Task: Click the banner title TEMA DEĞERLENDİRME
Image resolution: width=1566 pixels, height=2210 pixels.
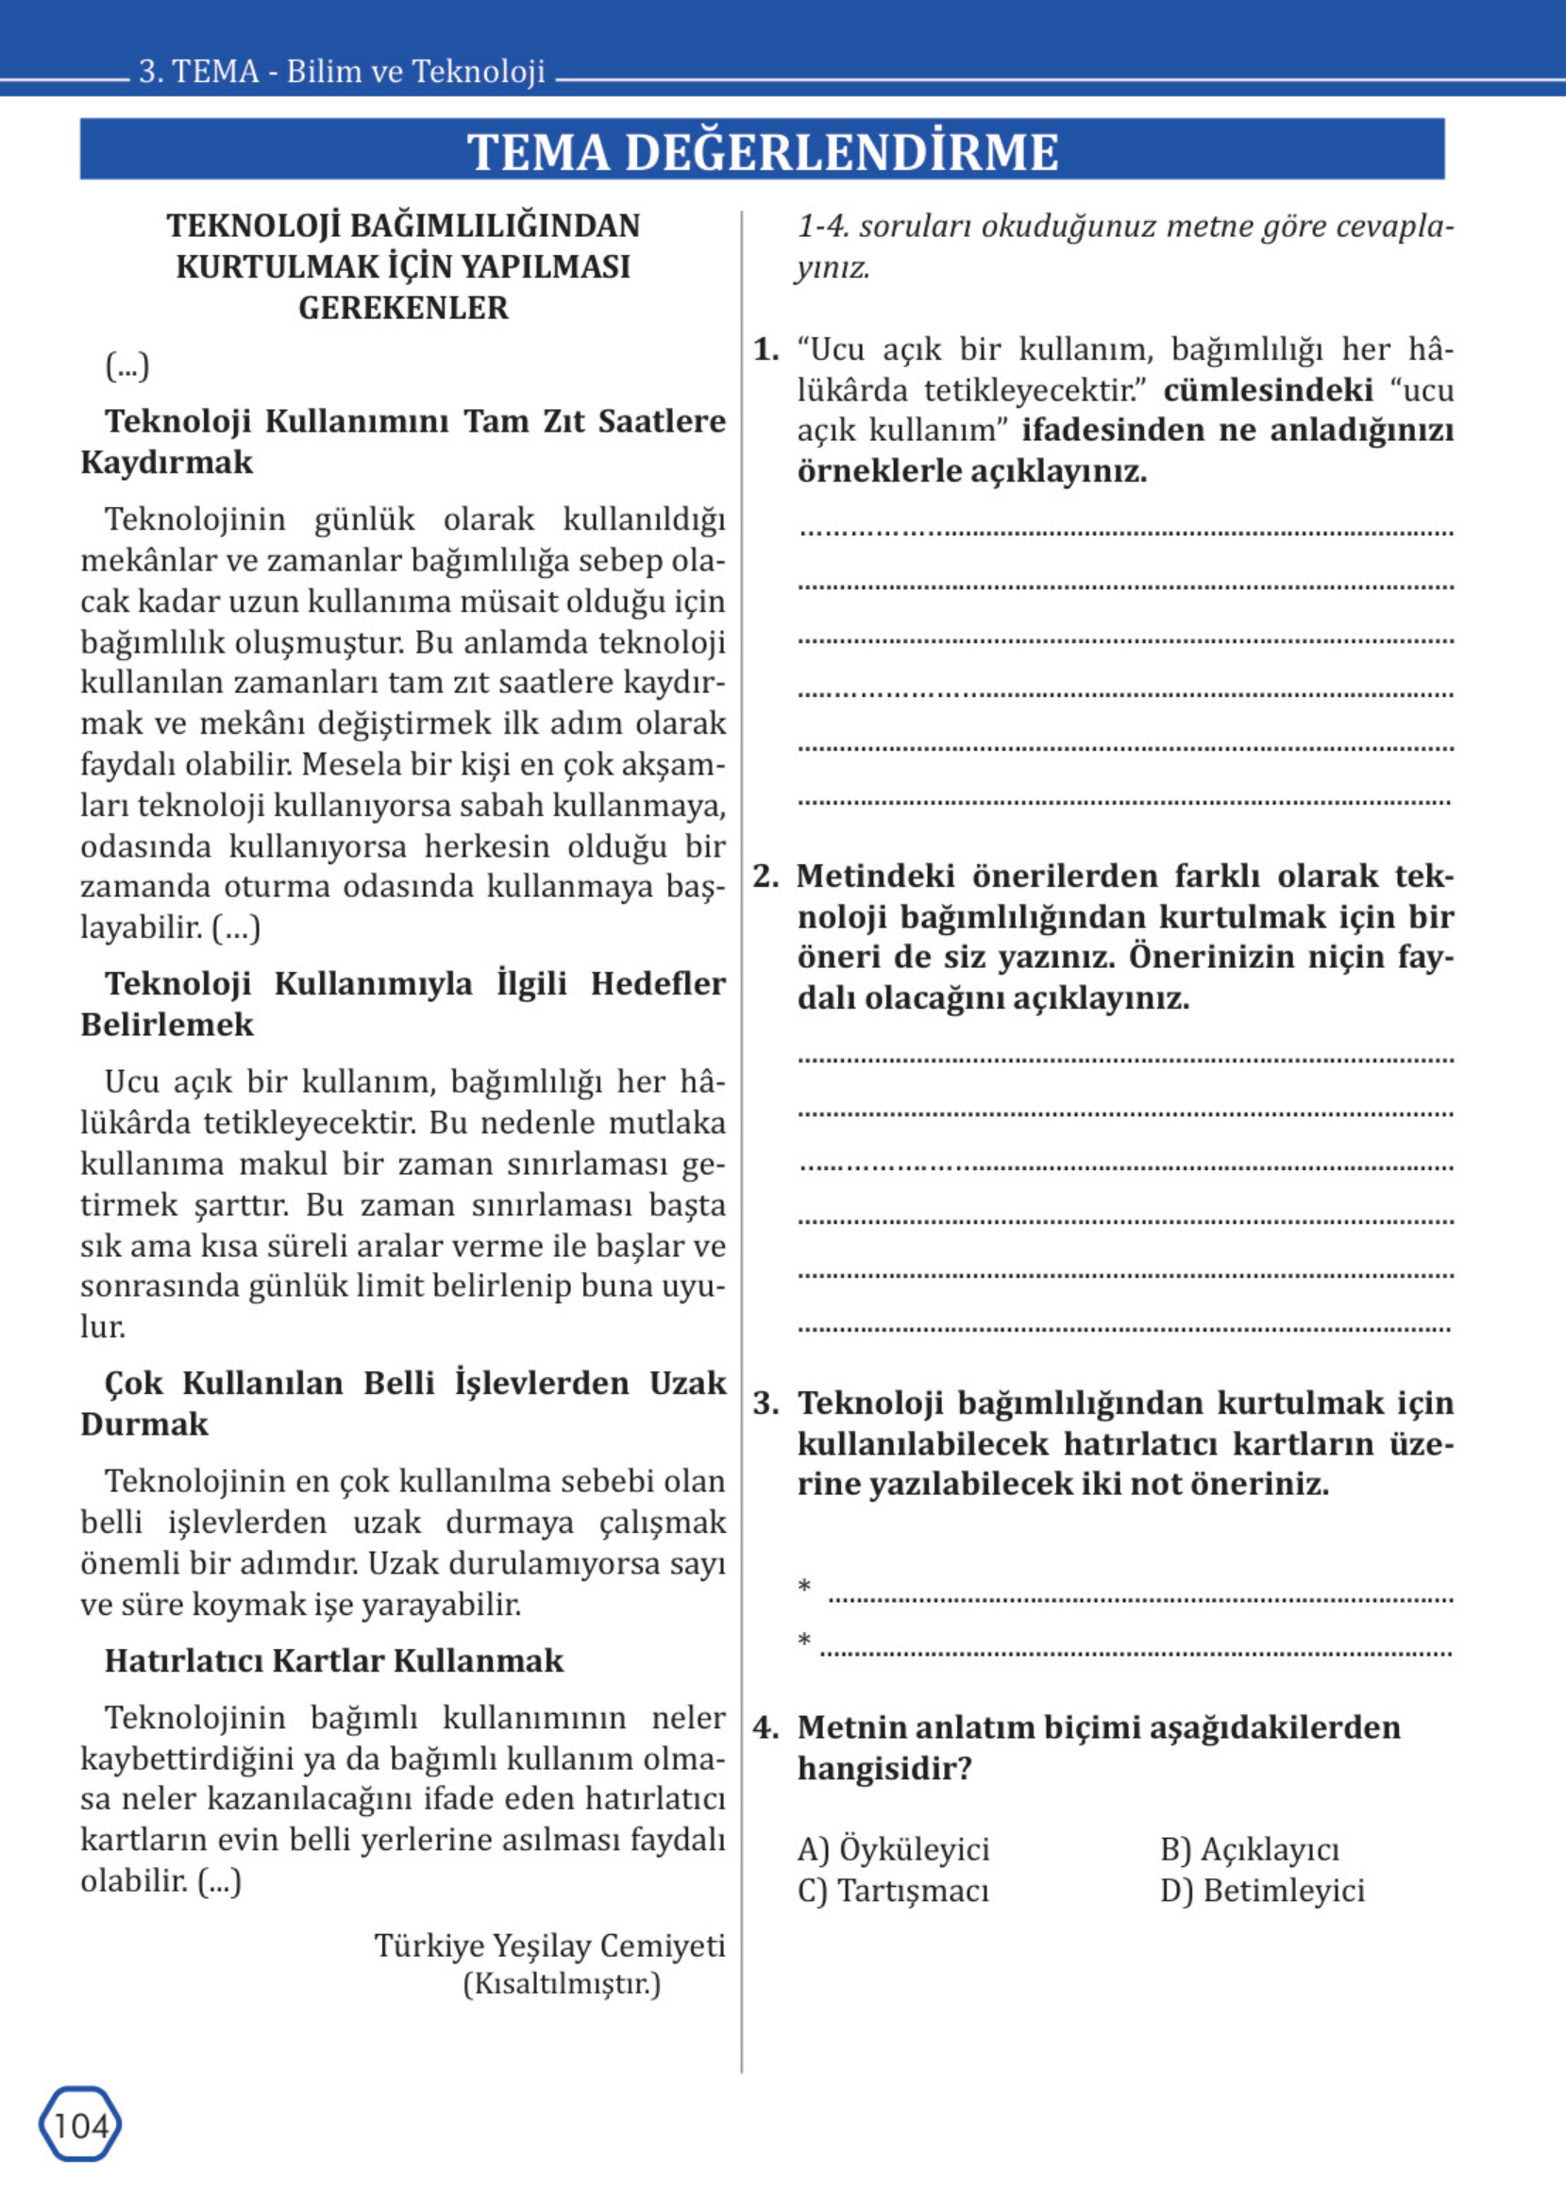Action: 762,151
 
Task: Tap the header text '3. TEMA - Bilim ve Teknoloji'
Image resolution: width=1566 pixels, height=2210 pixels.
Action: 343,72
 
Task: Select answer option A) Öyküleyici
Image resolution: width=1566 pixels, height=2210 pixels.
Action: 893,1849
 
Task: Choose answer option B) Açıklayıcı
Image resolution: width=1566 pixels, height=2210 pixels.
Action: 1250,1849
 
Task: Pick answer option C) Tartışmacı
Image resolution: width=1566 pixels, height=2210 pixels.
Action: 893,1891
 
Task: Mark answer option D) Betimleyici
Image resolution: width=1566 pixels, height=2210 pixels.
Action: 1262,1891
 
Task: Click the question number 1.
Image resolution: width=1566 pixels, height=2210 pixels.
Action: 766,349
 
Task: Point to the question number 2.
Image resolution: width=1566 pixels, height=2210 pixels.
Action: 766,875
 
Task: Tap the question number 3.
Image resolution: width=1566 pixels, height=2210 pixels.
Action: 766,1402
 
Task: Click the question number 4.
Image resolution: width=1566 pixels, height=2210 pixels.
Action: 766,1726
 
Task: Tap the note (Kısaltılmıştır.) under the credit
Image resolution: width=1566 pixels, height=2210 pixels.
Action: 563,1984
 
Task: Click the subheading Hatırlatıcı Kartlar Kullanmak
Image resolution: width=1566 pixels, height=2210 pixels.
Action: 333,1661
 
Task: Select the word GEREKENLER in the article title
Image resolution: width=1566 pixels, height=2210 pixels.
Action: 403,308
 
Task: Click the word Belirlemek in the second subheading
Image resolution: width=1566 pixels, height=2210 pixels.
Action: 167,1025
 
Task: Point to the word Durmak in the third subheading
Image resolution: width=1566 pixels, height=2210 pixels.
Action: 144,1424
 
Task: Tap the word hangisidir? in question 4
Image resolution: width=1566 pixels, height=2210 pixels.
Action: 884,1768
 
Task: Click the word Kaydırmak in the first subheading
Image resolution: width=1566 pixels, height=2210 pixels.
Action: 167,462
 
